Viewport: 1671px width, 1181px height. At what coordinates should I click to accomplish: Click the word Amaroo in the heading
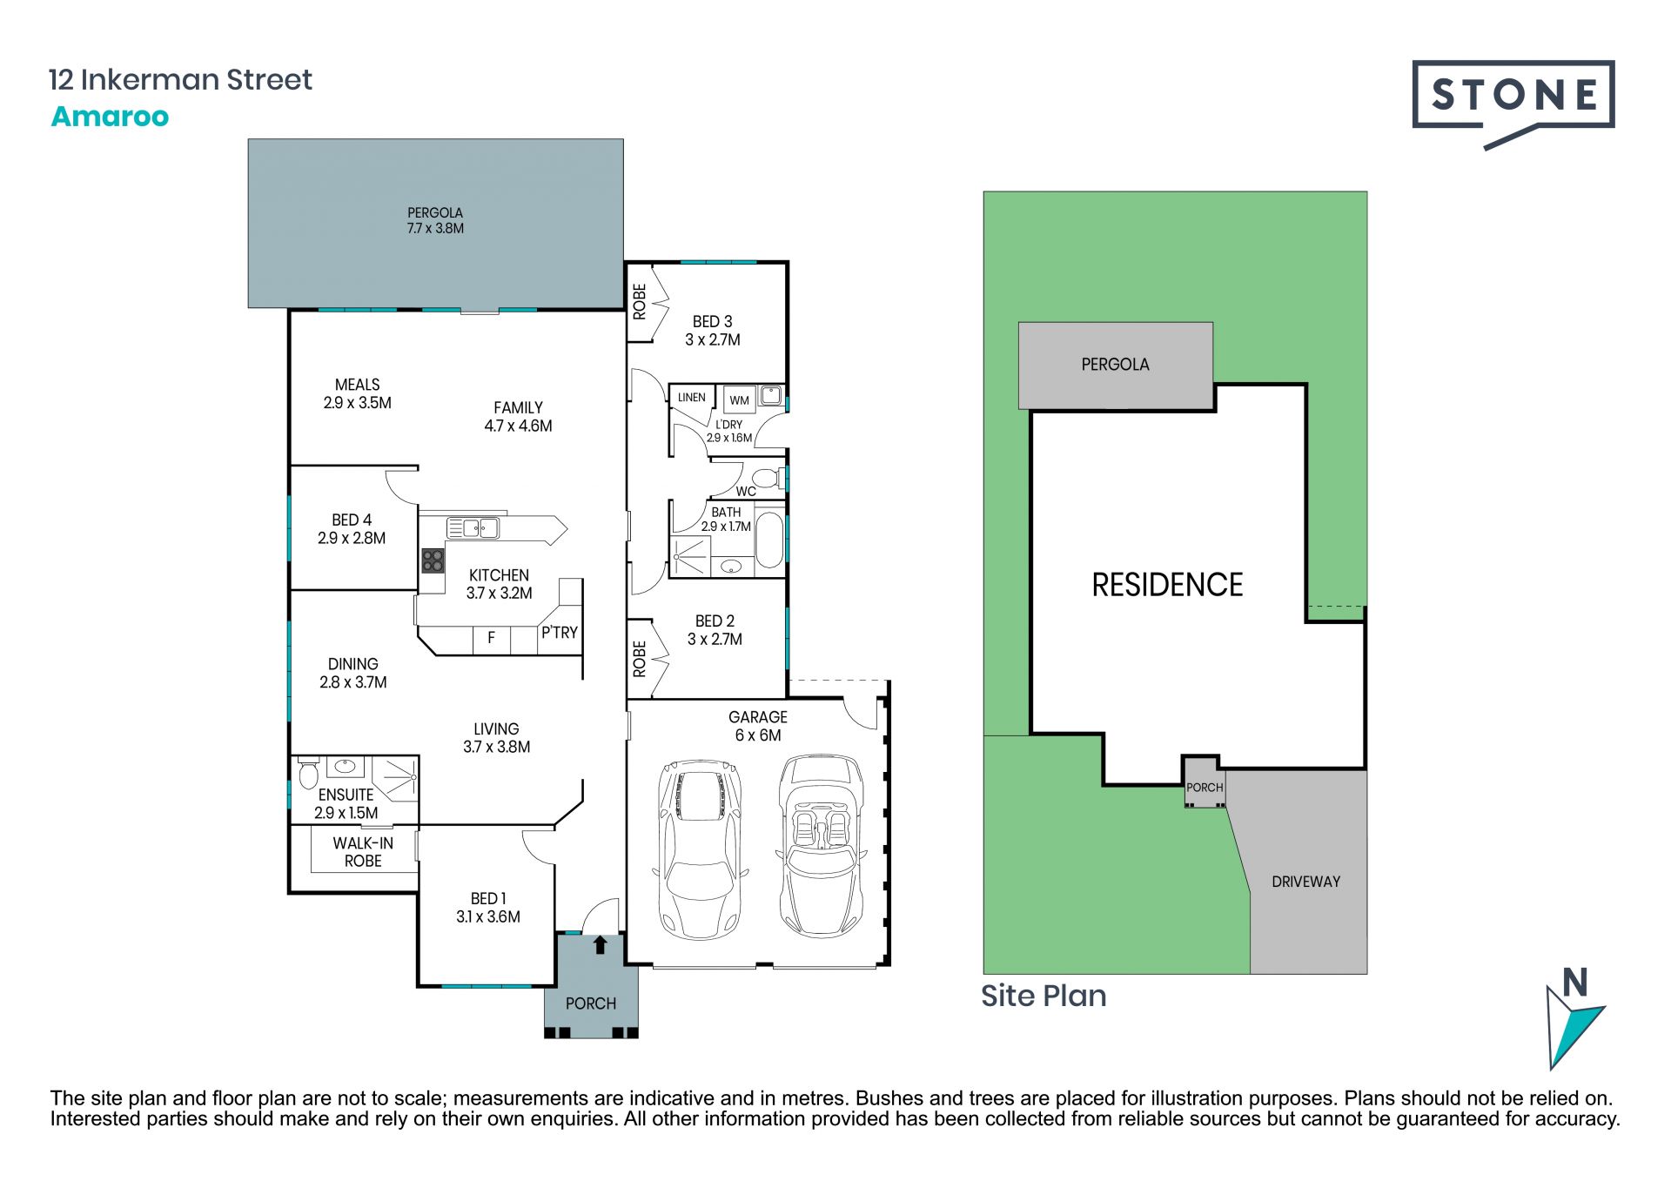[110, 117]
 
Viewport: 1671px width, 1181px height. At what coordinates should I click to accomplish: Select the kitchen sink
[473, 527]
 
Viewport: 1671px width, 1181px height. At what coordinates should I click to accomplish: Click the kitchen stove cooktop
[433, 560]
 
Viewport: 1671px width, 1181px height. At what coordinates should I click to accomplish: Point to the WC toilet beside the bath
[767, 478]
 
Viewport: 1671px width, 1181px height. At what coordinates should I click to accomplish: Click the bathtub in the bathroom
[768, 540]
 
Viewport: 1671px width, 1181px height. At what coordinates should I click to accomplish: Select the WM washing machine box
[739, 399]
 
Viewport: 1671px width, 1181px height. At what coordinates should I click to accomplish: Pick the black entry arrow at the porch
[600, 944]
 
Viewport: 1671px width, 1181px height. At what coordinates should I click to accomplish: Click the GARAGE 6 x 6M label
[758, 726]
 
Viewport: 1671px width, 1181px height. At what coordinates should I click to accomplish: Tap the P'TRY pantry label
[560, 633]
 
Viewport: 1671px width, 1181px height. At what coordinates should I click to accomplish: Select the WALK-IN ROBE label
[363, 852]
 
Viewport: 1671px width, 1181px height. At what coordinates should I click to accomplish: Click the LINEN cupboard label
[692, 398]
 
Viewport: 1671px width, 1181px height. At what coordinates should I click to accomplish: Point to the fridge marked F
[491, 638]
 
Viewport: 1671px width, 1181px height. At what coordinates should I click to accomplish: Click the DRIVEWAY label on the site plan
[1305, 882]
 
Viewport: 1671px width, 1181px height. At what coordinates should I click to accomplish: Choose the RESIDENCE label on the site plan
[1167, 585]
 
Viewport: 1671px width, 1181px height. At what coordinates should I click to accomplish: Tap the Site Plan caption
[1044, 996]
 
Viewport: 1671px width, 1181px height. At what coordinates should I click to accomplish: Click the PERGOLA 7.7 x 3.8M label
[435, 220]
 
